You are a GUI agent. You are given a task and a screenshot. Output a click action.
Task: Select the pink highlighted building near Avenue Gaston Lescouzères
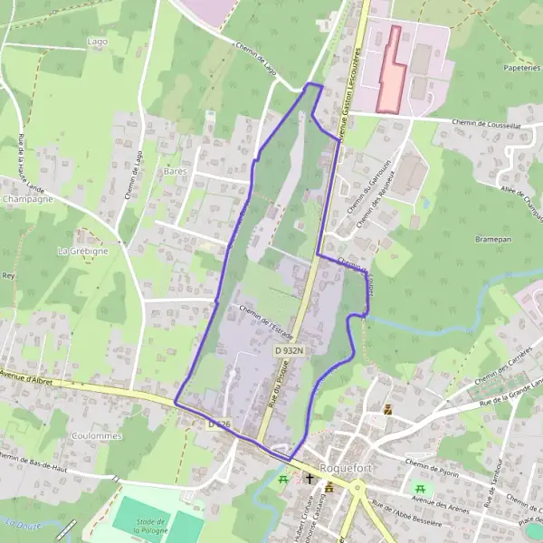coord(390,71)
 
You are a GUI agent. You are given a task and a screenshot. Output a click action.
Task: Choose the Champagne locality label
coord(27,198)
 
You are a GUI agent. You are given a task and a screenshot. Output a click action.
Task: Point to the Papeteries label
coord(519,66)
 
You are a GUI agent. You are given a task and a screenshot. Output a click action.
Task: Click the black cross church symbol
coord(310,478)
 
